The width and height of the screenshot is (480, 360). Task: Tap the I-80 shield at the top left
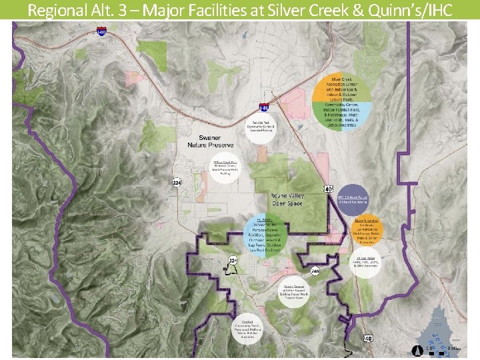click(101, 31)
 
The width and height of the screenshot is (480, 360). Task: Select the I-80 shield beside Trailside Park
click(264, 107)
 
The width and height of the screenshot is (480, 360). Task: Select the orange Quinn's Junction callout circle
click(367, 230)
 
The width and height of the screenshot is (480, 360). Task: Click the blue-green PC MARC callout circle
click(265, 235)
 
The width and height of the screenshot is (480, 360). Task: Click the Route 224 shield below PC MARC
click(233, 260)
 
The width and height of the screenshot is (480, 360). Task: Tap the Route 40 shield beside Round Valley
click(329, 189)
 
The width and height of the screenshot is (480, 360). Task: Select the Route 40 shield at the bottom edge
click(368, 338)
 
